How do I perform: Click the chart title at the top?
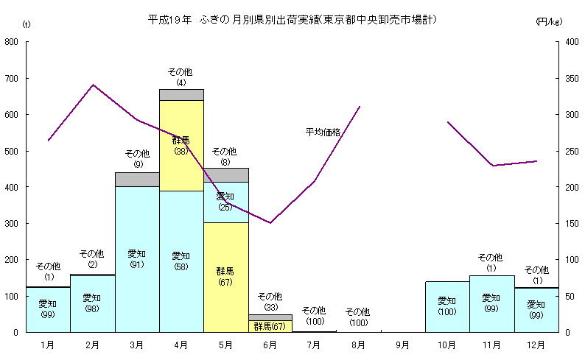(x=292, y=19)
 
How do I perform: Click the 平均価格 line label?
(x=323, y=133)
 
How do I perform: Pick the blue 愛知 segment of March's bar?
(x=137, y=258)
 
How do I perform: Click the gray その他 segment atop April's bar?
(x=181, y=94)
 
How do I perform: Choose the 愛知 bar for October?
(x=447, y=306)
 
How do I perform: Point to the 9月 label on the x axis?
(x=403, y=345)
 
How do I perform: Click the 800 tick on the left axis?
(x=12, y=42)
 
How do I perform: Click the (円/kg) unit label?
(x=549, y=21)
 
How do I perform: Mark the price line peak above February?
(x=93, y=85)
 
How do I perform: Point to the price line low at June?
(x=270, y=222)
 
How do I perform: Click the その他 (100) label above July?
(x=314, y=316)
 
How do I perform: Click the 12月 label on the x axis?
(x=536, y=345)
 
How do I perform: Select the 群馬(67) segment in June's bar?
(x=270, y=326)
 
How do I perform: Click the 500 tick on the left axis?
(x=12, y=151)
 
